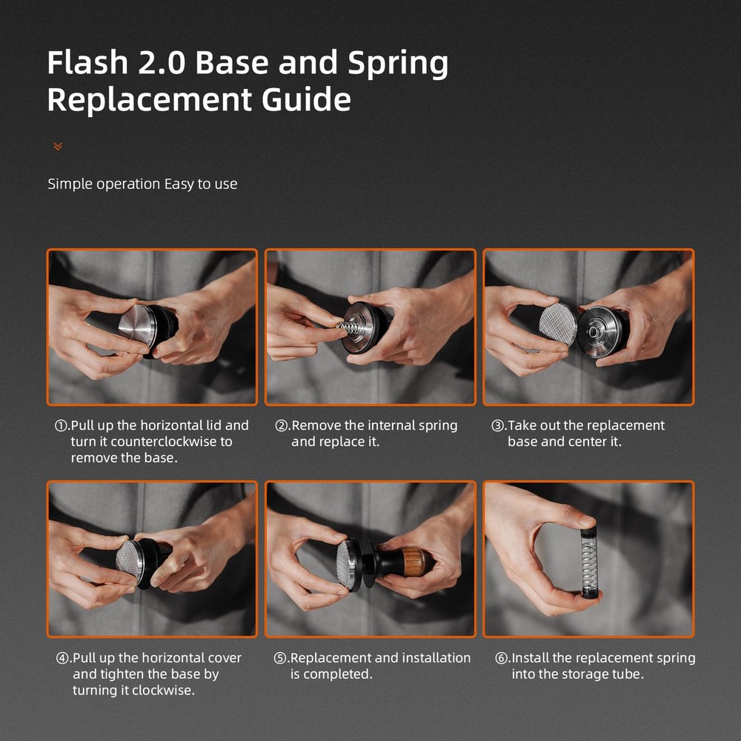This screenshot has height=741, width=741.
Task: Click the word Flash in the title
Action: coord(88,62)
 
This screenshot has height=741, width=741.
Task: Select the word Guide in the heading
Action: coord(306,99)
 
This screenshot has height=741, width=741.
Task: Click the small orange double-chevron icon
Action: coord(58,147)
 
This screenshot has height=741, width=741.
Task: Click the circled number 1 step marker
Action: coord(62,426)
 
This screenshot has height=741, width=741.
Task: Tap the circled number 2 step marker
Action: coord(281,426)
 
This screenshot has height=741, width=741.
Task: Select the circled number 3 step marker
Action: coord(498,426)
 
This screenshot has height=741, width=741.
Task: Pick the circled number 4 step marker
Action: coord(62,658)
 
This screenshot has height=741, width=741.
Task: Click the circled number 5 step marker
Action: coord(280,658)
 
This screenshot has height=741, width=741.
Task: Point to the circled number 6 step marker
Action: coord(502,658)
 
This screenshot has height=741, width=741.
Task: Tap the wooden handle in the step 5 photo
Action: coord(413,562)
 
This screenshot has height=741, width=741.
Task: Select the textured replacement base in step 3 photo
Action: coord(558,324)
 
